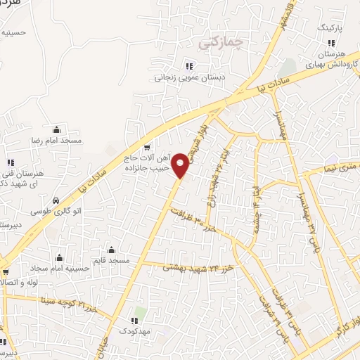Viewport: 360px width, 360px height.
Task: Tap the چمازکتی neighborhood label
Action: tap(220, 43)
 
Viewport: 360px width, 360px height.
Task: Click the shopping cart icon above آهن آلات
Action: tap(146, 147)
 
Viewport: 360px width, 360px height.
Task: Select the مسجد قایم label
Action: tap(112, 260)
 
